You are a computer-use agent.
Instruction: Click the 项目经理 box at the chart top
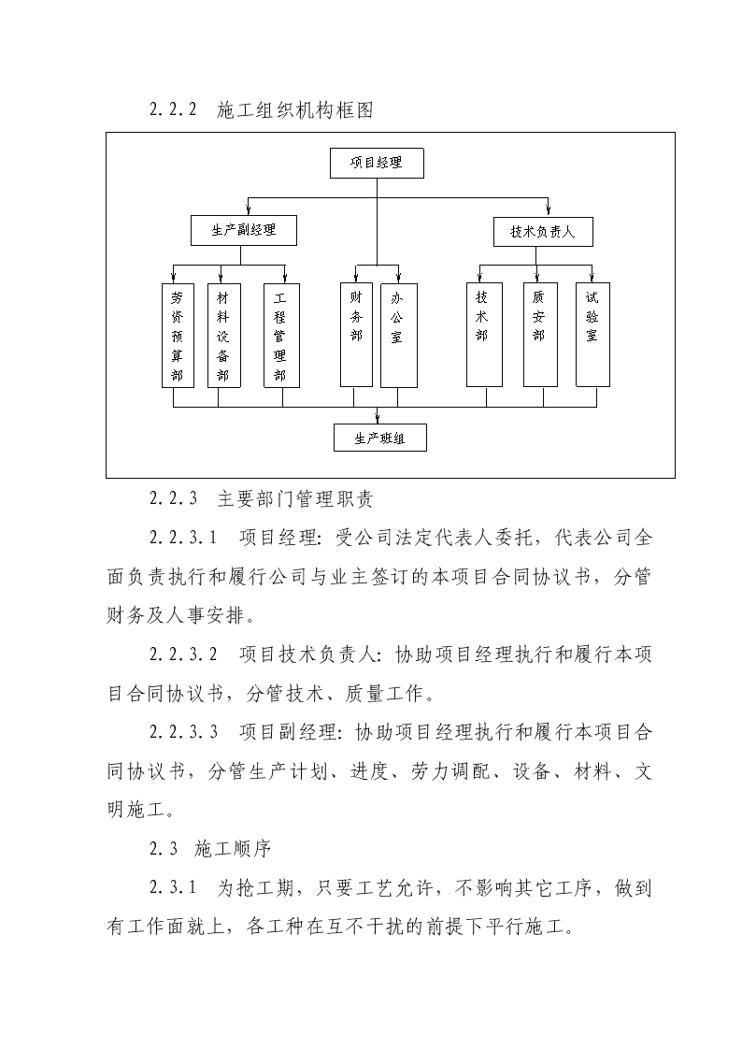pyautogui.click(x=377, y=163)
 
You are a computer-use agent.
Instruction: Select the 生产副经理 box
pyautogui.click(x=244, y=230)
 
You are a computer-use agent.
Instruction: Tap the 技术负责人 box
pyautogui.click(x=543, y=232)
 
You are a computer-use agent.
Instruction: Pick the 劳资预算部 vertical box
pyautogui.click(x=178, y=336)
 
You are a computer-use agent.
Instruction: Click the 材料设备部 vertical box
pyautogui.click(x=223, y=336)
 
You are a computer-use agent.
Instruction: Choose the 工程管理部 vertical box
pyautogui.click(x=281, y=336)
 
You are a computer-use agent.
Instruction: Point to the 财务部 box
pyautogui.click(x=356, y=335)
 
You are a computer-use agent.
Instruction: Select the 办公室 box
pyautogui.click(x=399, y=335)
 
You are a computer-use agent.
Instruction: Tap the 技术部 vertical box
pyautogui.click(x=484, y=335)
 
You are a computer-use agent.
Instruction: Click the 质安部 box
pyautogui.click(x=540, y=335)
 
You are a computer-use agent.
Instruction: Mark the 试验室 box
pyautogui.click(x=592, y=335)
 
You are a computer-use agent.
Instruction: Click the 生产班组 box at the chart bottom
pyautogui.click(x=380, y=438)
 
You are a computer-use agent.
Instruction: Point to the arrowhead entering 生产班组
pyautogui.click(x=378, y=420)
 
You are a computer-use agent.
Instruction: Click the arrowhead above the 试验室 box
pyautogui.click(x=592, y=278)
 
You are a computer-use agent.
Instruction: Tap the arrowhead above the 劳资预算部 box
pyautogui.click(x=174, y=279)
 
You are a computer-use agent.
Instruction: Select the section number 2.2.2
pyautogui.click(x=173, y=109)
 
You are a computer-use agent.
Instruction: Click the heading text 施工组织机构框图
pyautogui.click(x=295, y=109)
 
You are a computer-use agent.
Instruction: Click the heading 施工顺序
pyautogui.click(x=233, y=849)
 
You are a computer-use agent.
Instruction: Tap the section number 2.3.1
pyautogui.click(x=173, y=888)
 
